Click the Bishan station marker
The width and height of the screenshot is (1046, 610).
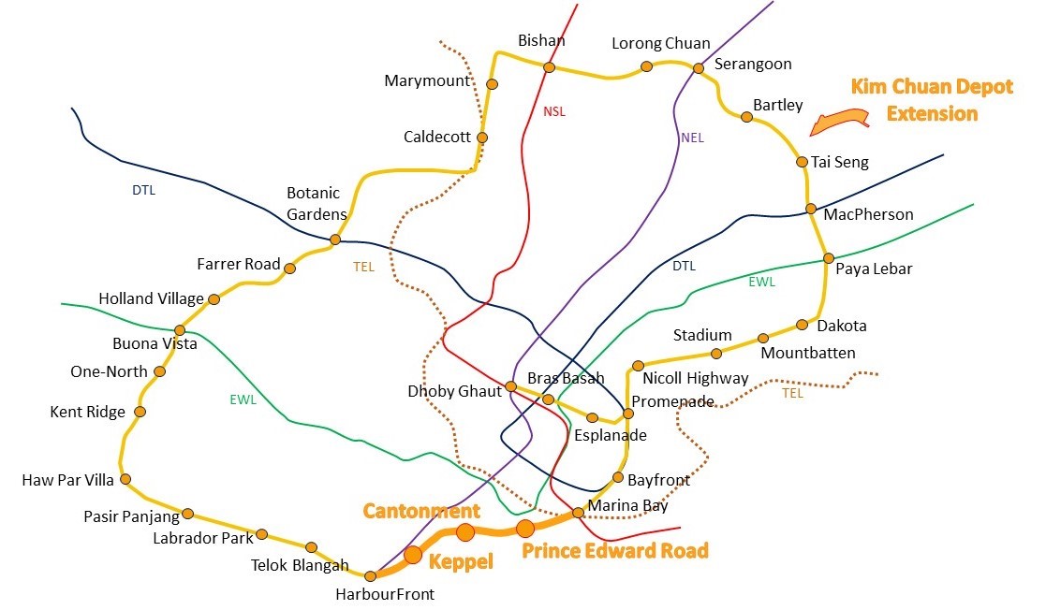pos(549,67)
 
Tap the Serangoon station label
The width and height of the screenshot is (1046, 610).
pos(752,65)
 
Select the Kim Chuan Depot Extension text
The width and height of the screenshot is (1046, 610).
pos(931,100)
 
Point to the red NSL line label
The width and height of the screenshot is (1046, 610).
pos(554,111)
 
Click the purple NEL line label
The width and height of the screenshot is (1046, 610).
pos(692,138)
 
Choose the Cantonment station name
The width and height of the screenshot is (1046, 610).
pos(421,511)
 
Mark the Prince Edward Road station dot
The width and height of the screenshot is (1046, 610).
pos(525,529)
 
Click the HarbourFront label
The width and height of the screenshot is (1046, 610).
pos(385,593)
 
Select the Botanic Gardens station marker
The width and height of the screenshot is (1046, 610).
pos(335,240)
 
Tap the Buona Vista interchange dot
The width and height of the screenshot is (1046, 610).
pos(180,330)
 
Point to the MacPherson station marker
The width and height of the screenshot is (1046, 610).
pos(811,209)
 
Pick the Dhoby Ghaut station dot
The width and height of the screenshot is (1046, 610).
pos(510,386)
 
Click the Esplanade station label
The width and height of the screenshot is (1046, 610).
pos(610,435)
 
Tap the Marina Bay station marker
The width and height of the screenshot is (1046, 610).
pos(578,513)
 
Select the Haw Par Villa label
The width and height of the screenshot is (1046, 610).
pos(67,481)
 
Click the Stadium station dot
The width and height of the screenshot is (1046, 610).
pos(716,354)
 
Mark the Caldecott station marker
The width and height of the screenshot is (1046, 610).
pos(482,138)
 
